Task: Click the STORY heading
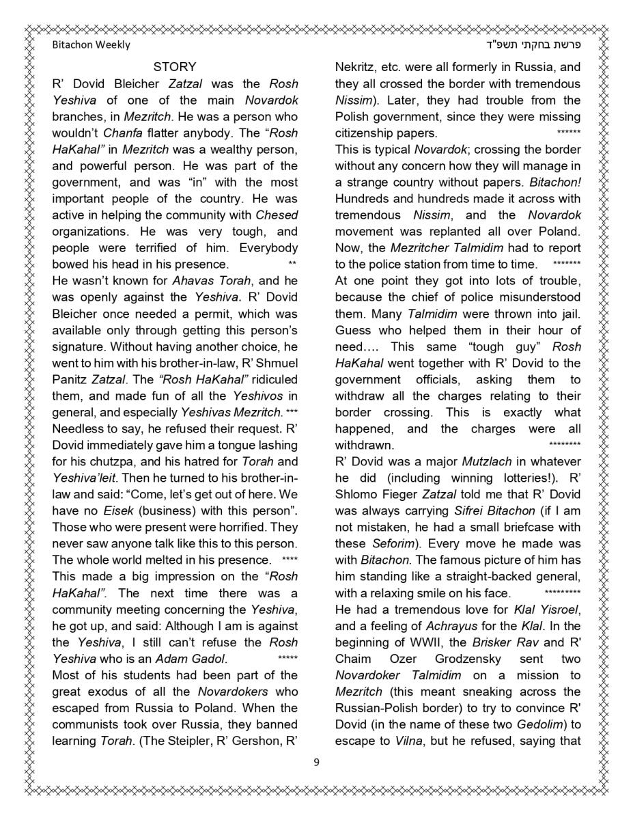[x=175, y=67]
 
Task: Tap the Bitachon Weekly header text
[x=91, y=45]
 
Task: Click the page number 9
[x=316, y=763]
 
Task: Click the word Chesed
[x=277, y=215]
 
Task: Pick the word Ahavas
[x=193, y=281]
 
